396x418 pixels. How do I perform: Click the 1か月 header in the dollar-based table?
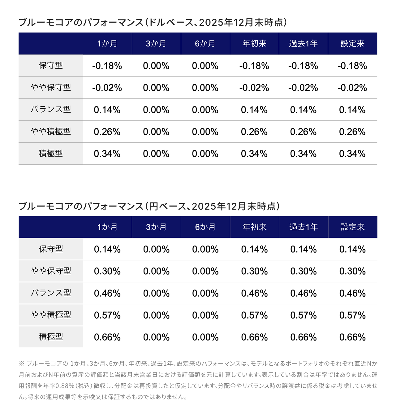pyautogui.click(x=107, y=44)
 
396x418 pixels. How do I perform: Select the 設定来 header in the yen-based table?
pyautogui.click(x=353, y=227)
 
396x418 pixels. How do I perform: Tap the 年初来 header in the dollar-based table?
pyautogui.click(x=254, y=44)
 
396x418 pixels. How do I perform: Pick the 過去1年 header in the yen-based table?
pyautogui.click(x=303, y=227)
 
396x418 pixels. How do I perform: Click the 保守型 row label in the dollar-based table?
pyautogui.click(x=51, y=66)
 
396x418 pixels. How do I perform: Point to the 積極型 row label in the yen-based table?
pyautogui.click(x=51, y=337)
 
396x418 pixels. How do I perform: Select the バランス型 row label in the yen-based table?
pyautogui.click(x=51, y=293)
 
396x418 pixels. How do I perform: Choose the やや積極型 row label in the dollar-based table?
pyautogui.click(x=51, y=132)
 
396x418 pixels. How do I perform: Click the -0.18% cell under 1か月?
pyautogui.click(x=107, y=66)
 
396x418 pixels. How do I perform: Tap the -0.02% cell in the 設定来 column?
pyautogui.click(x=352, y=88)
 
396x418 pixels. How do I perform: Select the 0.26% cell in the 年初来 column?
pyautogui.click(x=254, y=132)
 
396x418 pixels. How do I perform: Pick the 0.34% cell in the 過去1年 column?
pyautogui.click(x=303, y=154)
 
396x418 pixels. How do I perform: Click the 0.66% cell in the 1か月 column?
pyautogui.click(x=107, y=337)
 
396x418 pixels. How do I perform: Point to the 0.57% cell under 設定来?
pyautogui.click(x=352, y=315)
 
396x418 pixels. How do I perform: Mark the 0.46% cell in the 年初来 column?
pyautogui.click(x=254, y=293)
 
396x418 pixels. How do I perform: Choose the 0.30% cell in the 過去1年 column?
pyautogui.click(x=303, y=271)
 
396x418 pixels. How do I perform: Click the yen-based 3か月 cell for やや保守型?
pyautogui.click(x=156, y=271)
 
